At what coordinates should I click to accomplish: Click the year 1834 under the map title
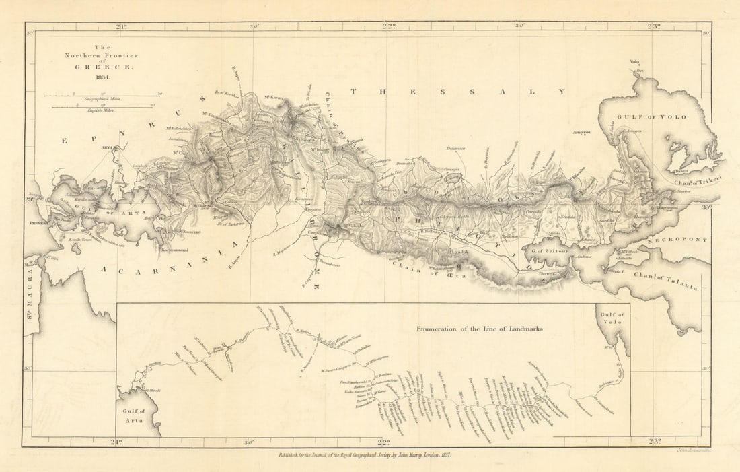click(x=102, y=77)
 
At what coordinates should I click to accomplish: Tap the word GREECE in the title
click(x=101, y=68)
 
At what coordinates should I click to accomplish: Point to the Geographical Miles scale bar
click(x=102, y=96)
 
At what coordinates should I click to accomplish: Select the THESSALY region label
click(x=458, y=91)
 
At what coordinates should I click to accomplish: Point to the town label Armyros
click(x=581, y=132)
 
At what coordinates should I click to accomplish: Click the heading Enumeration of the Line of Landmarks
click(x=479, y=329)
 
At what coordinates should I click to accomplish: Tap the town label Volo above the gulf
click(x=634, y=62)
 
